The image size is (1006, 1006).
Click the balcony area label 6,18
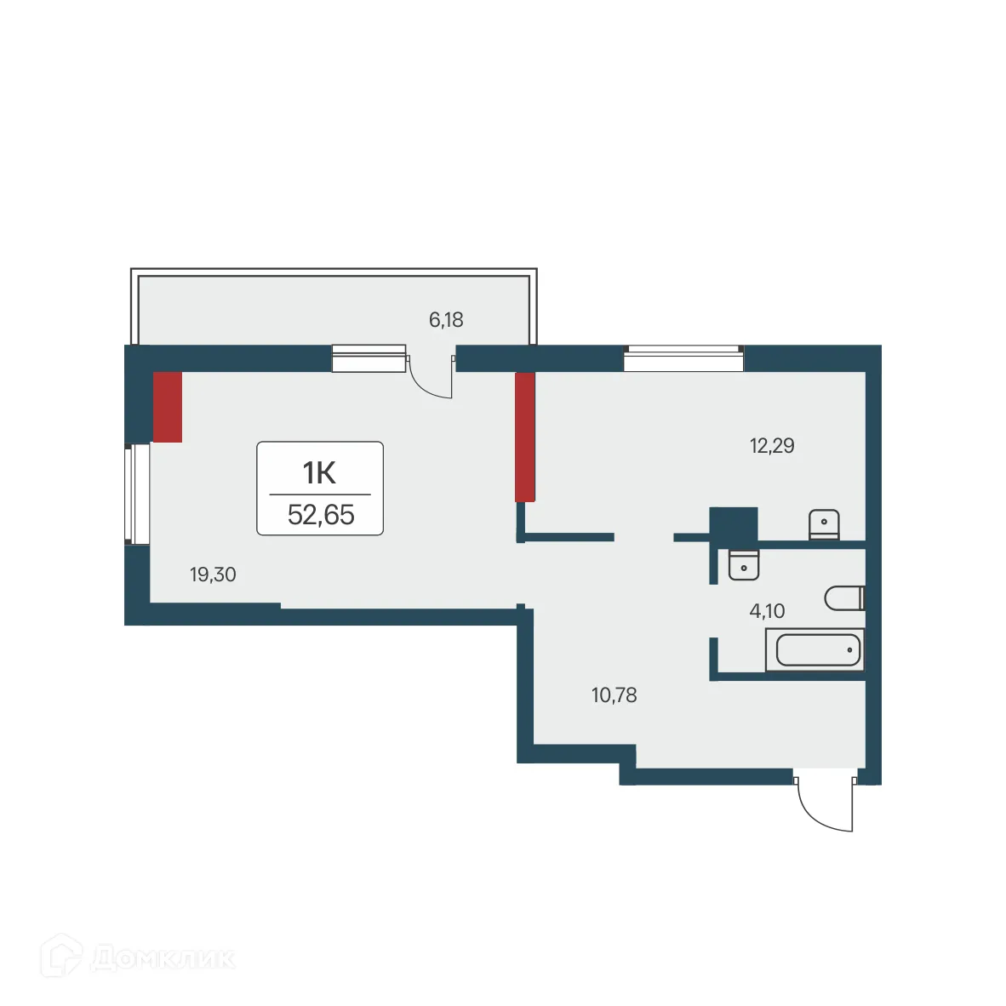coord(446,320)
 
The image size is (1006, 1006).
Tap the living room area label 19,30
coord(213,574)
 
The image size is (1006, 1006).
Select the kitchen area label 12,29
coord(772,445)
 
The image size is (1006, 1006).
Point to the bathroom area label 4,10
coord(767,610)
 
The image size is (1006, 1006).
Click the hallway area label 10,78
coord(614,695)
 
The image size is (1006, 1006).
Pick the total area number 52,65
coord(321,515)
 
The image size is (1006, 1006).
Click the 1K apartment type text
coord(320,472)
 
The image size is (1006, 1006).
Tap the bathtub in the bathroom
coord(815,651)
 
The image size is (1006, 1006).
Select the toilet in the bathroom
coord(844,597)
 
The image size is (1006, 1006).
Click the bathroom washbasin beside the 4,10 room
coord(744,564)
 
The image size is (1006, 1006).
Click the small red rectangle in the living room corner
coord(168,407)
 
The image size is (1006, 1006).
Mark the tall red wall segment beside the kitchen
coord(525,437)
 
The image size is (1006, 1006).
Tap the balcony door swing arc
coord(430,380)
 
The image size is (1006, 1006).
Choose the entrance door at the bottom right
coord(824,803)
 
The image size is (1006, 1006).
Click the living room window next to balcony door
coord(369,359)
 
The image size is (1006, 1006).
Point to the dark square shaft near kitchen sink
coord(734,524)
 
